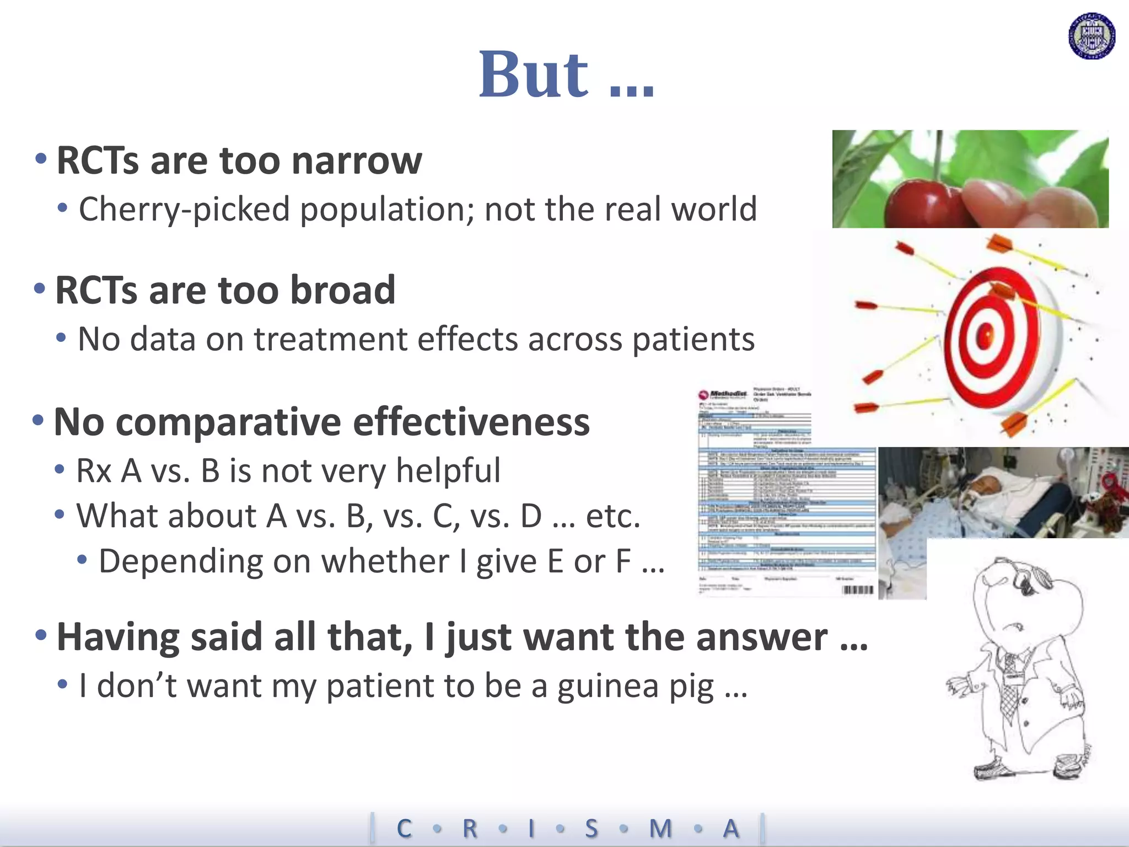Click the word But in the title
pos(534,75)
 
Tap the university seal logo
pos(1092,37)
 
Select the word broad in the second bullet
pos(342,291)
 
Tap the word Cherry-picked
pos(184,210)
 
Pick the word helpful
pos(448,471)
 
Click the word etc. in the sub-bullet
pos(612,517)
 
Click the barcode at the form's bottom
pos(858,590)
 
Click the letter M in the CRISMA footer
pos(660,829)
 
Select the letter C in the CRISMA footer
pos(404,829)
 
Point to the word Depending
pos(180,562)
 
